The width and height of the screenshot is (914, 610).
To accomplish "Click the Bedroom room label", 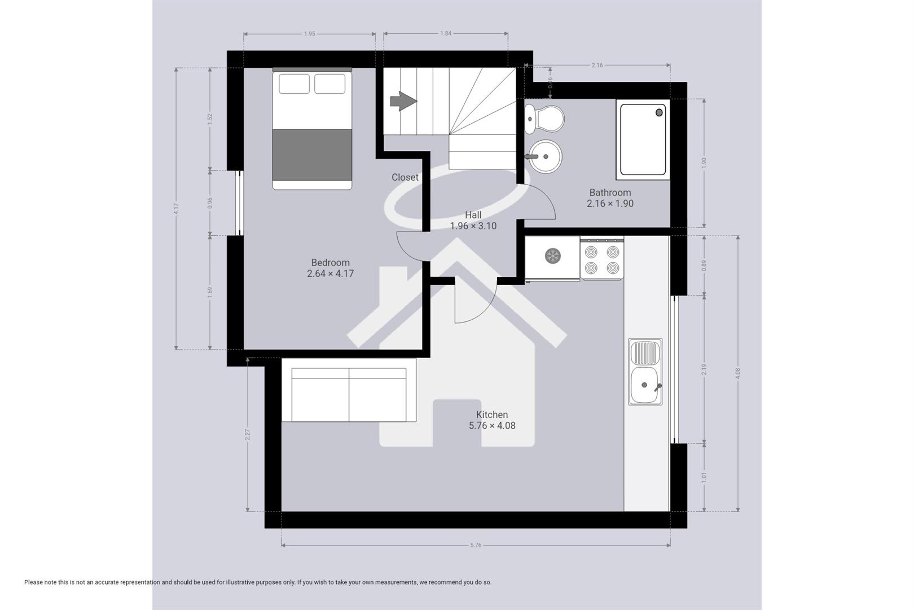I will [x=330, y=263].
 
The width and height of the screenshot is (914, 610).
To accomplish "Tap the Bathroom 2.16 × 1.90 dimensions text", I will [x=610, y=203].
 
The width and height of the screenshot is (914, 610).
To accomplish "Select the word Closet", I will [x=405, y=177].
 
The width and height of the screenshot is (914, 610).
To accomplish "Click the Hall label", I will [x=473, y=215].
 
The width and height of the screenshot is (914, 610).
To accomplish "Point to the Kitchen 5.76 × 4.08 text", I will [x=492, y=425].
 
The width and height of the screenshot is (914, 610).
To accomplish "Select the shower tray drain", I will [x=659, y=112].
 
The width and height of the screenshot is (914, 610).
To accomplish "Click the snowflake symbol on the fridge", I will [x=553, y=256].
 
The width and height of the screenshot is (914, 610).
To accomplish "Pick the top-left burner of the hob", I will [x=591, y=251].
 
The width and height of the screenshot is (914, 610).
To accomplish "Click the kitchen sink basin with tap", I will [x=645, y=385].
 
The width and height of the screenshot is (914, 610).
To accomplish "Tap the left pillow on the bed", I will [x=294, y=84].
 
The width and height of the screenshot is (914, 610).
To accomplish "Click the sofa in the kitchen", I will [x=349, y=394].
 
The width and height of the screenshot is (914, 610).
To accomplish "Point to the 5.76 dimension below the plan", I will [x=476, y=545].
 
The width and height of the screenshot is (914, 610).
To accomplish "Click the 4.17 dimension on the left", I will [x=176, y=208].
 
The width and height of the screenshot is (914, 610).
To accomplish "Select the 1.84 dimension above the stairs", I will [x=446, y=33].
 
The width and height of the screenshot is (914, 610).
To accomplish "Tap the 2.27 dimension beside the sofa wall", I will [x=247, y=434].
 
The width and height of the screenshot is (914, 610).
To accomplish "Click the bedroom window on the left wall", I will [x=240, y=203].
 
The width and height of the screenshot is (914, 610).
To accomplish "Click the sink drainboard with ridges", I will [x=645, y=353].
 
